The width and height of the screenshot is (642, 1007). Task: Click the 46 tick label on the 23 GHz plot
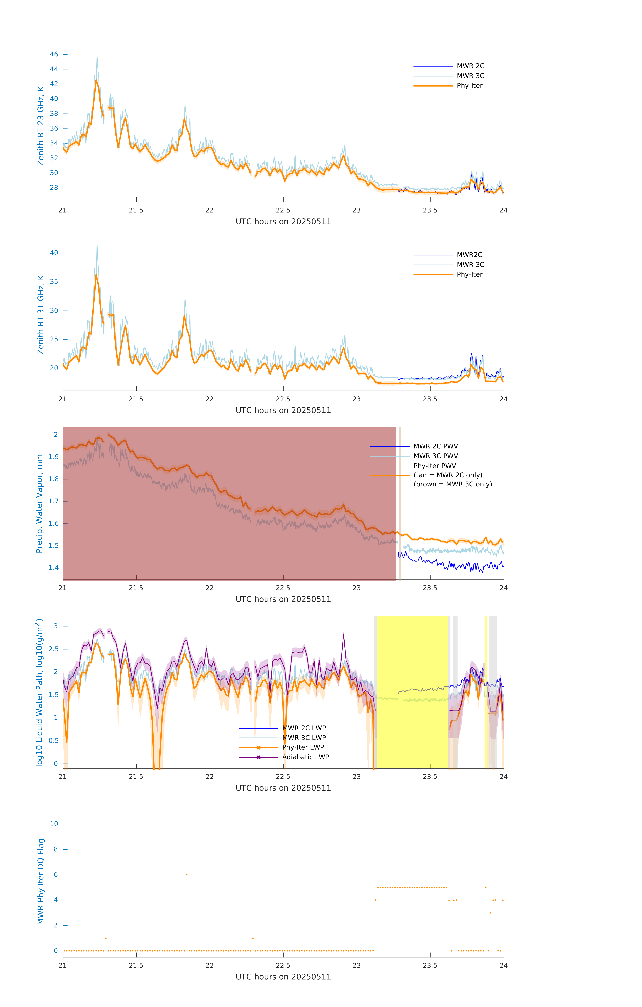click(54, 54)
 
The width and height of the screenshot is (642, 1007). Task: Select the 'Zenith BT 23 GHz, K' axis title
click(41, 126)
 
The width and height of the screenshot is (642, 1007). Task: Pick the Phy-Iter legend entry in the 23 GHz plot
click(469, 86)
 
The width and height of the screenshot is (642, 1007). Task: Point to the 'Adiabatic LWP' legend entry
click(305, 757)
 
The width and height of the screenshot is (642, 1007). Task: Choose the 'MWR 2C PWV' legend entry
click(435, 446)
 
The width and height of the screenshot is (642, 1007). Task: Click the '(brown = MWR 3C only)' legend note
click(453, 484)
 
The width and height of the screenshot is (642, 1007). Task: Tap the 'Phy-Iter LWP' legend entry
click(303, 747)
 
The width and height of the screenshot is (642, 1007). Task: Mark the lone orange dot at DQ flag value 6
click(186, 875)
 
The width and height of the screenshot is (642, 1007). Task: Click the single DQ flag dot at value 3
click(491, 913)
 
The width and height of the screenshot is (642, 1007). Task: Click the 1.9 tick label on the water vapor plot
click(54, 457)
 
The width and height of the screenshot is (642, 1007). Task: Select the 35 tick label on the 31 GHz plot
click(54, 282)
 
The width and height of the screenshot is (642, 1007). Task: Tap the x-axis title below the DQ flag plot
click(283, 977)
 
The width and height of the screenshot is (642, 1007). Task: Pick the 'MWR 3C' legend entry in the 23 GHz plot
click(470, 76)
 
